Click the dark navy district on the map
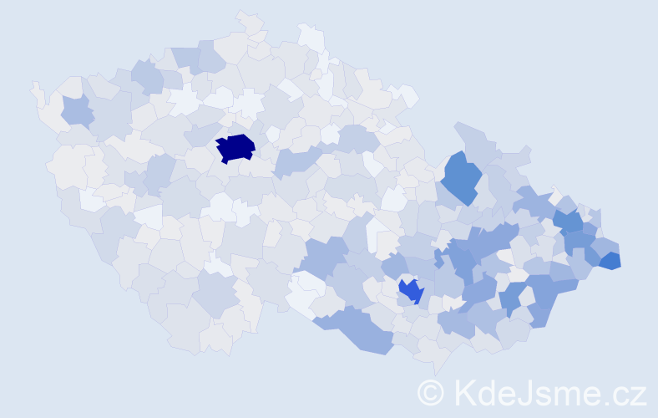(x=235, y=147)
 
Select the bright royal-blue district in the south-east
(x=411, y=291)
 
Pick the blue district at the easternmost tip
(x=610, y=260)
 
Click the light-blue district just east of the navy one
(x=294, y=160)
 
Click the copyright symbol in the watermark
(x=432, y=393)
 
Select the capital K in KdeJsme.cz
(x=463, y=393)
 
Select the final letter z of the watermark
(x=637, y=395)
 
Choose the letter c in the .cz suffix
(x=620, y=395)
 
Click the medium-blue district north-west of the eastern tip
(x=569, y=222)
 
